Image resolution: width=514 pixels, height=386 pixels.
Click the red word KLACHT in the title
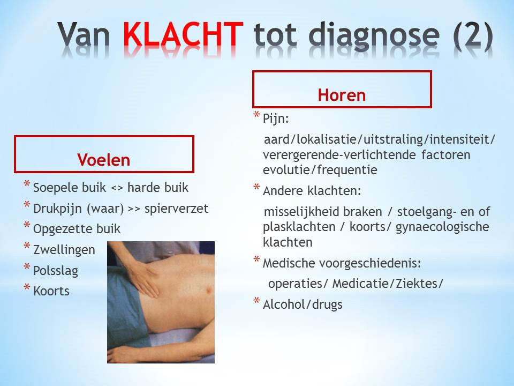183,34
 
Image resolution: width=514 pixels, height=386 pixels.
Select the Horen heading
342,95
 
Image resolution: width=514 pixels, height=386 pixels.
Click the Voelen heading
104,160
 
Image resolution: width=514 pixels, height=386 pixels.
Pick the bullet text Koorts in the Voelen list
51,291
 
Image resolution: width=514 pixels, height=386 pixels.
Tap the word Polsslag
56,271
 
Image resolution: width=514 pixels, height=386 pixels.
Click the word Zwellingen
64,250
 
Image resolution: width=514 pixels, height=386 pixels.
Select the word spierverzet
176,209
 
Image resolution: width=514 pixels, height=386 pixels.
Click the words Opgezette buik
77,229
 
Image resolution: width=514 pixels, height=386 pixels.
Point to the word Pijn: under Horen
276,118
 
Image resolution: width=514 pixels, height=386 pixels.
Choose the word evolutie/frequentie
320,170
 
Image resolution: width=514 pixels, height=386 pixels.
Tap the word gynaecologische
443,227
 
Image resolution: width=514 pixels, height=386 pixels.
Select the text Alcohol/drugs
303,305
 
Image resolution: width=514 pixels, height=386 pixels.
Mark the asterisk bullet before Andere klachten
256,188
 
